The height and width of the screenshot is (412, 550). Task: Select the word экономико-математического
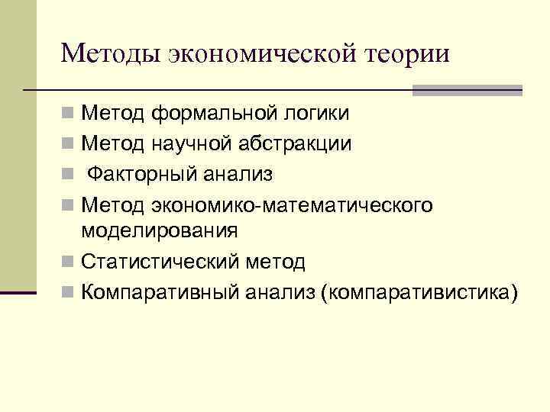(x=293, y=205)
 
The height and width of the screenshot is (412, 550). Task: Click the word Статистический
(x=162, y=262)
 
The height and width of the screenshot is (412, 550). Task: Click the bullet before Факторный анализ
(x=69, y=175)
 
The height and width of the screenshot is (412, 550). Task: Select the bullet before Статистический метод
(x=69, y=263)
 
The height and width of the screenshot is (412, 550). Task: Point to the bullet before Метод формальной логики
(x=69, y=115)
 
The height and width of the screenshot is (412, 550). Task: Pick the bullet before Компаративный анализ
(x=69, y=292)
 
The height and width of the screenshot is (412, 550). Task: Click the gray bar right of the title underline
(x=467, y=90)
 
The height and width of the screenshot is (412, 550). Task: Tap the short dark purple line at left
(x=18, y=292)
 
